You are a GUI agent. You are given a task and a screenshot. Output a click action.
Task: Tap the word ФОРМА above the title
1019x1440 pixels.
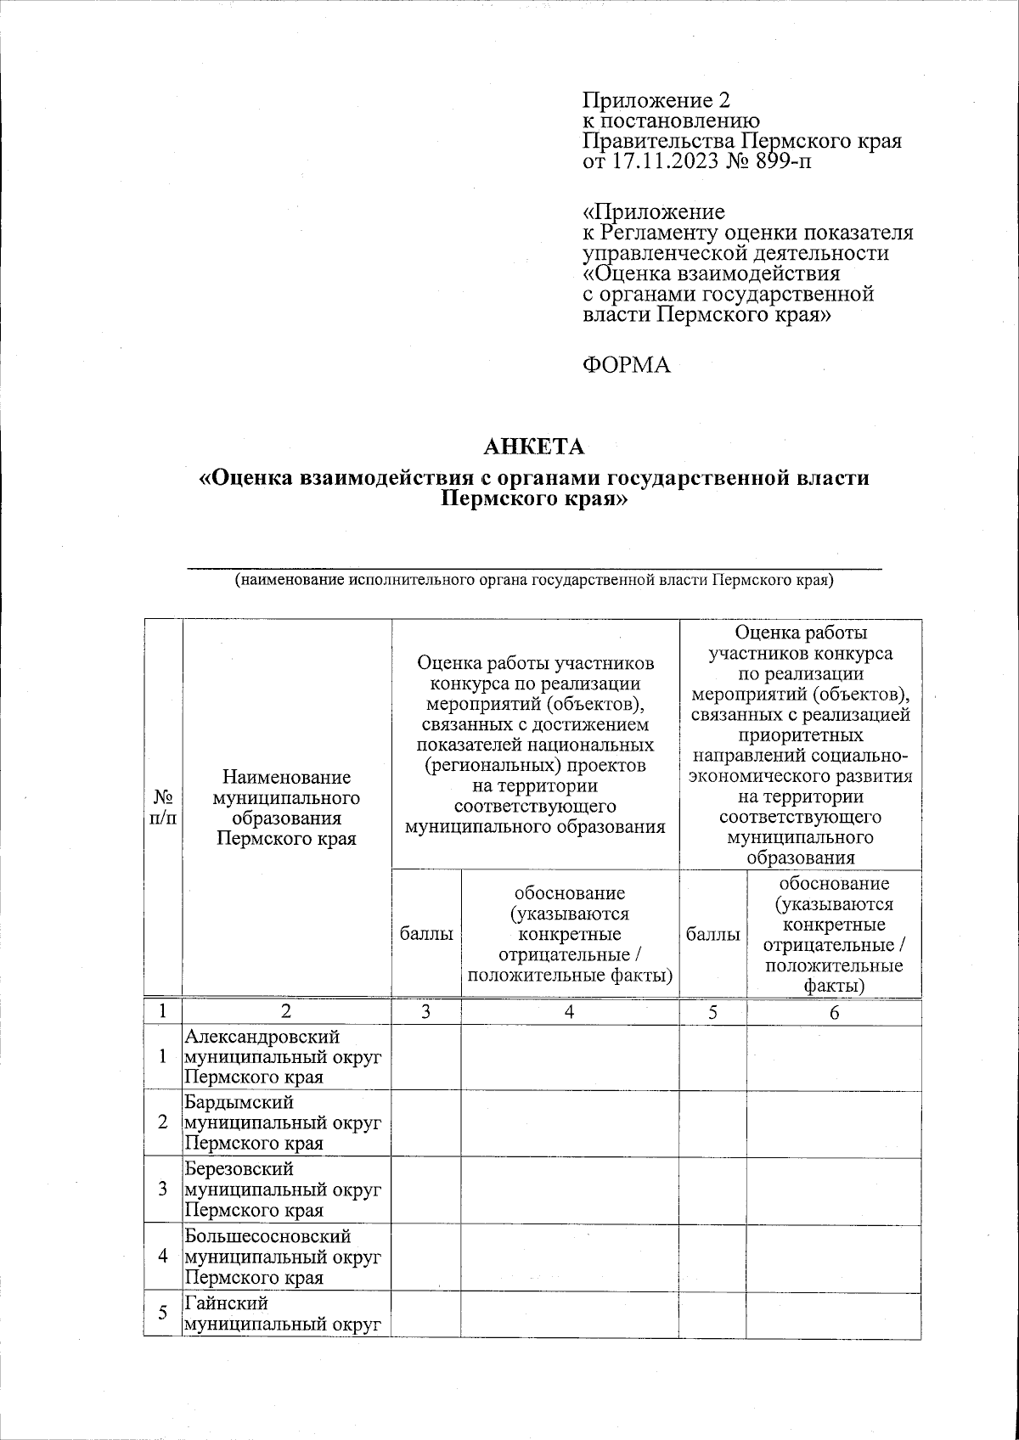point(627,365)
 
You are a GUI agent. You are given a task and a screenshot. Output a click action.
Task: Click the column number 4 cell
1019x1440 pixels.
point(570,1011)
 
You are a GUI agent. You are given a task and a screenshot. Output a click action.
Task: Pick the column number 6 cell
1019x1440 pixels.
point(834,1011)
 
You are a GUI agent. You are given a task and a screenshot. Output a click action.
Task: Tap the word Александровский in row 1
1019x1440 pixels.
point(262,1037)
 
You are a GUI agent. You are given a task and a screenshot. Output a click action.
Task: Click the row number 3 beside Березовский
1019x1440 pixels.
point(162,1190)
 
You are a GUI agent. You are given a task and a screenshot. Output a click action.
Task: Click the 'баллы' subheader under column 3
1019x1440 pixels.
point(426,934)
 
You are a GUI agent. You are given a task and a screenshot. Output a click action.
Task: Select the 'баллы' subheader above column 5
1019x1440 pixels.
point(712,934)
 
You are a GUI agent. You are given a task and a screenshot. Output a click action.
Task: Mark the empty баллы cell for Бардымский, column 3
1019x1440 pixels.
point(426,1122)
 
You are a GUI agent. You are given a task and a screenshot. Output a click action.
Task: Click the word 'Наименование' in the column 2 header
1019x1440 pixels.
point(286,777)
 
